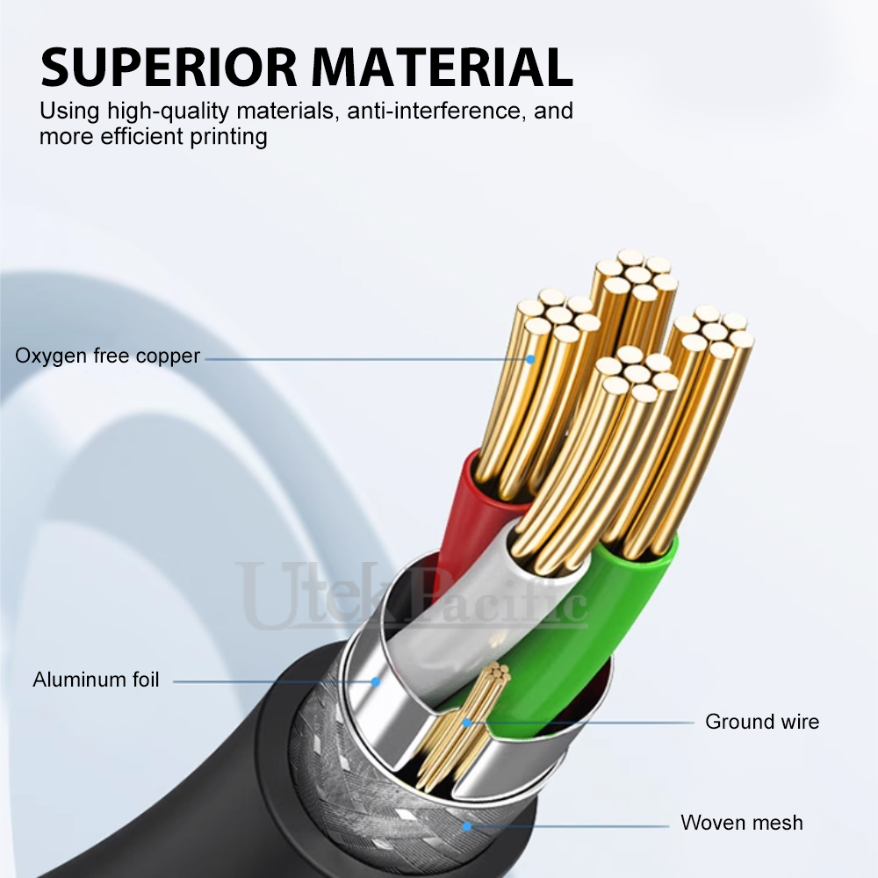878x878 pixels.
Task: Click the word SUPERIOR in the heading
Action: coord(169,68)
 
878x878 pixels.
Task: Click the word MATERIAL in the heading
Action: coord(443,68)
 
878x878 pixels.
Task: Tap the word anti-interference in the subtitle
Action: coord(436,111)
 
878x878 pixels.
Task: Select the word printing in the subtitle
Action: coord(228,137)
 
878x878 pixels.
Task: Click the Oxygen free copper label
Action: coord(107,356)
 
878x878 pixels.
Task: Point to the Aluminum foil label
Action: coord(96,680)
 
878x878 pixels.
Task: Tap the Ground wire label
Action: coord(762,722)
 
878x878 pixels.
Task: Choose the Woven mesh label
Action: coord(742,823)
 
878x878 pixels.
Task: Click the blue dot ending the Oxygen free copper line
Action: coord(529,359)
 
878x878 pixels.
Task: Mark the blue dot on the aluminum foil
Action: coord(377,681)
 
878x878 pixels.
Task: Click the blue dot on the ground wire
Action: coord(466,723)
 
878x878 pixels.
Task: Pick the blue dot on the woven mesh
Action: coord(467,826)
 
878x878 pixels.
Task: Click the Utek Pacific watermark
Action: coord(412,596)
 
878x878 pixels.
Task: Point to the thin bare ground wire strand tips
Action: coord(498,672)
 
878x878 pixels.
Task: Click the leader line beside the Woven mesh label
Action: coord(568,826)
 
